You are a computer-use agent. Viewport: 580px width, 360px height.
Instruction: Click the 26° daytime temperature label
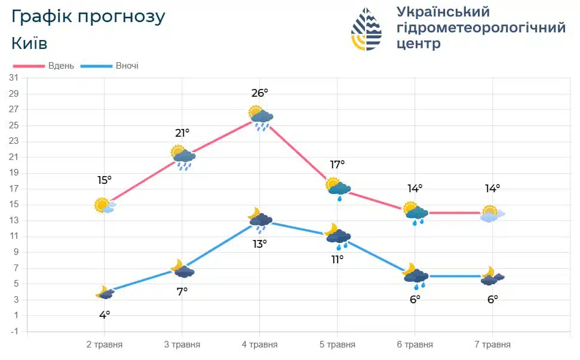click(260, 93)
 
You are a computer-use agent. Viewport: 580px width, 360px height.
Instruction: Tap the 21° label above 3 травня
click(182, 133)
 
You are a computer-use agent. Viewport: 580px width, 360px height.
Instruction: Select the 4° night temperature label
click(105, 315)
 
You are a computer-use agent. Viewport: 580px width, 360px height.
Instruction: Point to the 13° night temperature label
click(260, 244)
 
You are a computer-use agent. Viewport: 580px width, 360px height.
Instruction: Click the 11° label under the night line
click(337, 259)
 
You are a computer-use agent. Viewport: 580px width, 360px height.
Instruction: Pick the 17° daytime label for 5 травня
click(337, 164)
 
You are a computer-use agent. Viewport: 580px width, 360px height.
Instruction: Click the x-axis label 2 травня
click(105, 344)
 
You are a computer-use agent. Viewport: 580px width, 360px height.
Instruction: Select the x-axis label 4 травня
click(260, 344)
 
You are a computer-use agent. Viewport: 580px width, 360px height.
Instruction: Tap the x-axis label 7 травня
click(492, 344)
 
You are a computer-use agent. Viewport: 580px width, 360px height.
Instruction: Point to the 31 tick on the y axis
click(14, 78)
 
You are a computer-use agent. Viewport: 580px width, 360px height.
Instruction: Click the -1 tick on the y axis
click(14, 331)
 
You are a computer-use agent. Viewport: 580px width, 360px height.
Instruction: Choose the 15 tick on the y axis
click(14, 205)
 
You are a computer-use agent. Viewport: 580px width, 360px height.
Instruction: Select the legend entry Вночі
click(126, 66)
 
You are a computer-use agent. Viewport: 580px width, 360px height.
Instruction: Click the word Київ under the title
click(29, 43)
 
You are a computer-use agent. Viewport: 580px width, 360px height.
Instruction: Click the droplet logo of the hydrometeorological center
click(366, 29)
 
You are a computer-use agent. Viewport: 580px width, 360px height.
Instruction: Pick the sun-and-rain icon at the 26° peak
click(260, 117)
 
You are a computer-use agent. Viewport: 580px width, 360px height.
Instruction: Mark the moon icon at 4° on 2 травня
click(105, 293)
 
